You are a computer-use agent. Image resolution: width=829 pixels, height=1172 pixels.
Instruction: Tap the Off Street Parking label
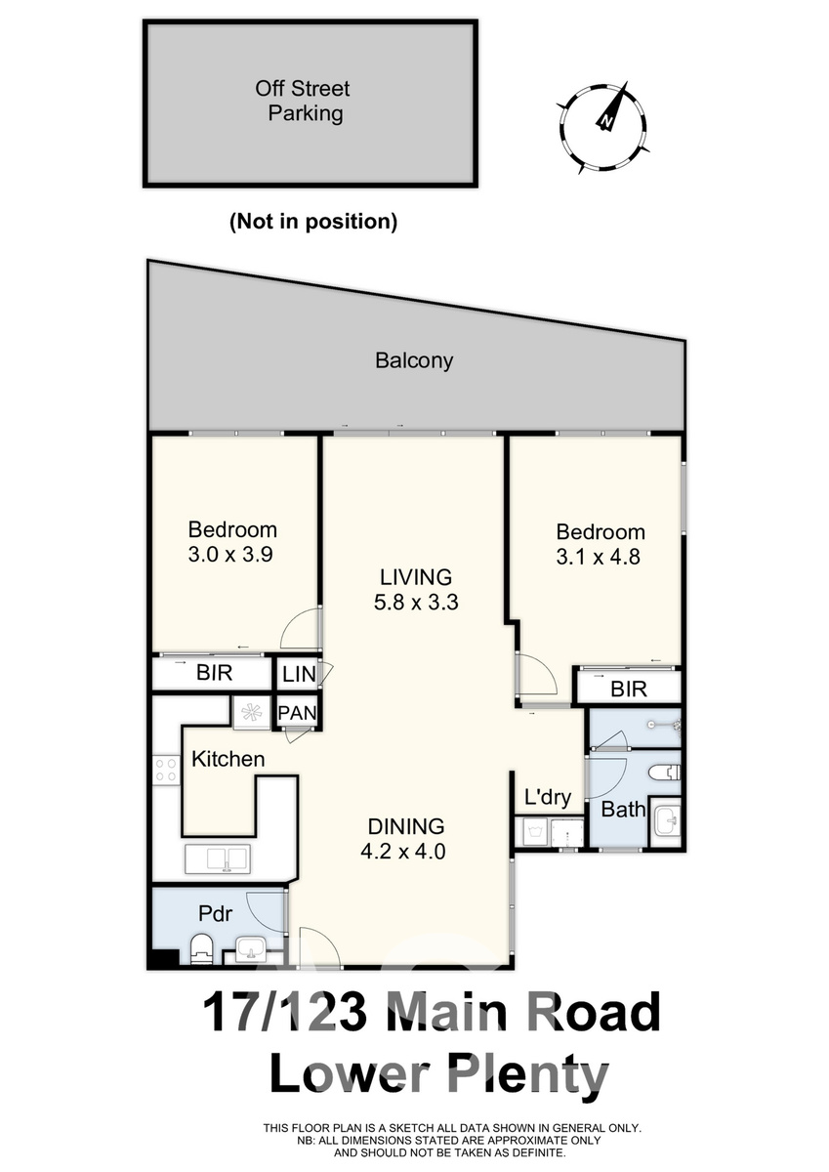tap(304, 101)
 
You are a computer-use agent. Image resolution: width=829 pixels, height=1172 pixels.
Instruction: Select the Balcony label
tap(414, 361)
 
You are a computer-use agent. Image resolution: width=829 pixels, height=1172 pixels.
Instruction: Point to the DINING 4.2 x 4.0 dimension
tap(403, 839)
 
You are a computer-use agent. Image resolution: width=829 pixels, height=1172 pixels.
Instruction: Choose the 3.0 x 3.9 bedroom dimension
tap(230, 555)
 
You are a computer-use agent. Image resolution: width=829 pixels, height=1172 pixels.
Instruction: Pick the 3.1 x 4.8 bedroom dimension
tap(598, 557)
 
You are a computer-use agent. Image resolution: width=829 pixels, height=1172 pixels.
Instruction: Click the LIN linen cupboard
tap(299, 674)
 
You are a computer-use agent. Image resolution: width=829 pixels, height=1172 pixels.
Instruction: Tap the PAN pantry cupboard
tap(297, 713)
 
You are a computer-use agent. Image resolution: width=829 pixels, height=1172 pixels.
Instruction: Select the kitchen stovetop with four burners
tap(166, 771)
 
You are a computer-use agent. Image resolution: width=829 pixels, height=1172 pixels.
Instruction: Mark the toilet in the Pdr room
tap(202, 948)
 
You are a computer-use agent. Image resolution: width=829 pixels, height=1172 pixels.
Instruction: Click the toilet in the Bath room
tap(664, 773)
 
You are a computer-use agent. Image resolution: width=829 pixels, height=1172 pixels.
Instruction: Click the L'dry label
tap(547, 797)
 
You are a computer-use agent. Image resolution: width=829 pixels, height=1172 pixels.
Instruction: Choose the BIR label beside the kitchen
tap(214, 673)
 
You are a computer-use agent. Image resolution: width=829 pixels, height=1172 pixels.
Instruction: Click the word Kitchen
tap(228, 759)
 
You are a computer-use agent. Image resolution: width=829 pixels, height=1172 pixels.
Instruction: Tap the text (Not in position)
tap(313, 222)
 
